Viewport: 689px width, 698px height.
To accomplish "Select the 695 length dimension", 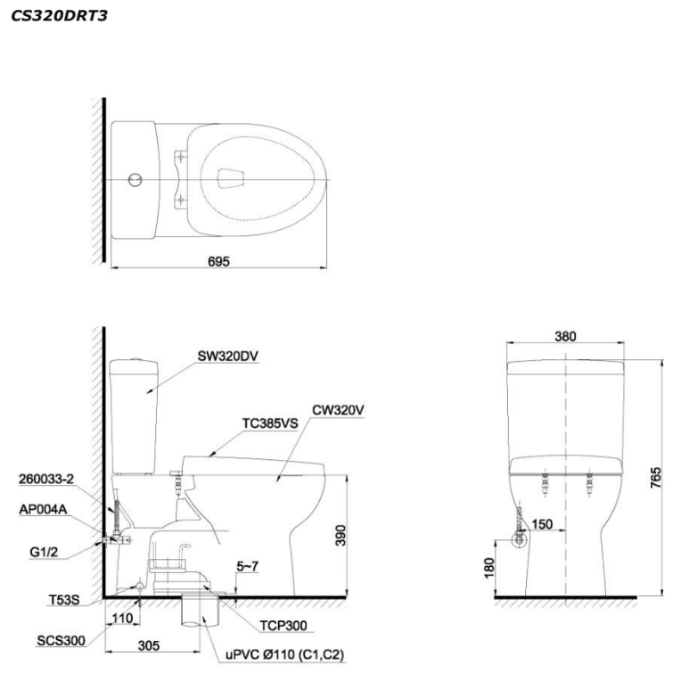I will (218, 261).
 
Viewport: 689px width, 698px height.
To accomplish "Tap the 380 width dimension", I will (565, 336).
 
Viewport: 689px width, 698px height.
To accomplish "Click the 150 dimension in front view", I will (542, 524).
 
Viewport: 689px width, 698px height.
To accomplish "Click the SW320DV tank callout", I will (229, 355).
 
